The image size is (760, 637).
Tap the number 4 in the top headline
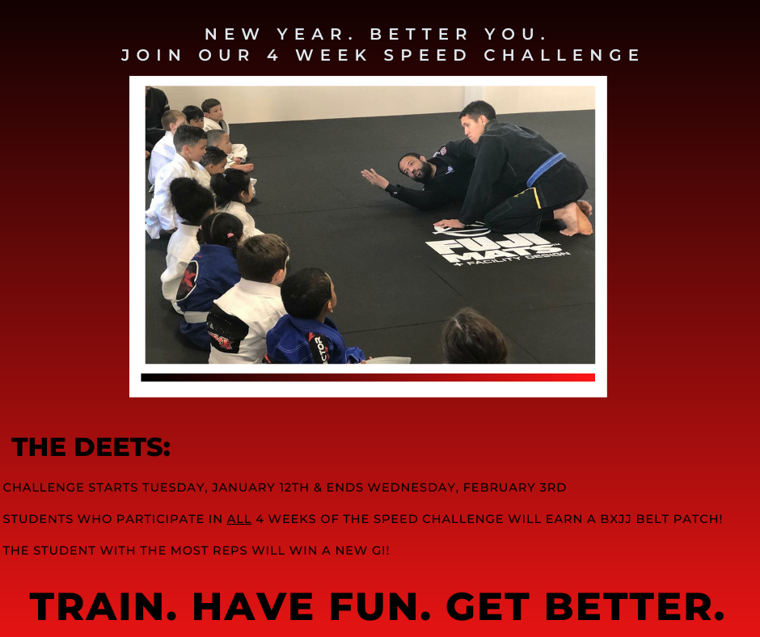click(273, 55)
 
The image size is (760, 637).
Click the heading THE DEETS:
click(91, 447)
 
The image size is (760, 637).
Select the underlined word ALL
click(239, 519)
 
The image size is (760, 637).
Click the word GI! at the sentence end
click(382, 551)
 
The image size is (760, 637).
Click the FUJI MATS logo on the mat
click(496, 247)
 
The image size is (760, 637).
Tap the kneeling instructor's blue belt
click(547, 168)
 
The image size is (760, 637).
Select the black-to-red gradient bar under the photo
click(368, 378)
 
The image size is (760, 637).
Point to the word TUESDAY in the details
click(175, 487)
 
